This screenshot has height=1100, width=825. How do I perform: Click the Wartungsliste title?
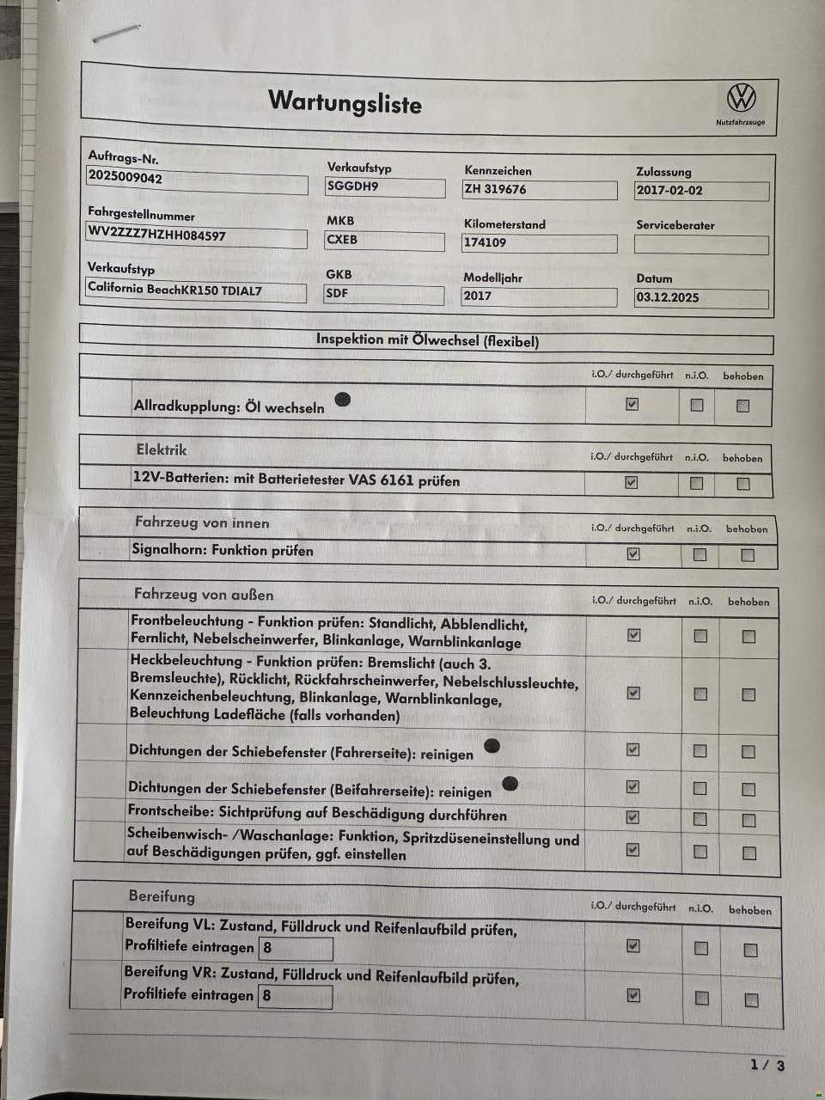coord(345,102)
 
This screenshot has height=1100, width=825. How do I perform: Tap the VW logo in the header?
coord(741,98)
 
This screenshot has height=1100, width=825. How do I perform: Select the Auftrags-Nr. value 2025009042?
coord(125,178)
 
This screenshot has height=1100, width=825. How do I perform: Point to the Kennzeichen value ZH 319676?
coord(495,189)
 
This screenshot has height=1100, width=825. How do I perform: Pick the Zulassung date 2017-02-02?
coord(669,191)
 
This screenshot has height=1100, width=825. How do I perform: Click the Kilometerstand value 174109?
coord(486,242)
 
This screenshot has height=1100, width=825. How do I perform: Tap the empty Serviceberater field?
coord(700,245)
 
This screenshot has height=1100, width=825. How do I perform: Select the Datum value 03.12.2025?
coord(668,297)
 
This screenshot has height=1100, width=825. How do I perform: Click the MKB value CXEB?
coord(342,240)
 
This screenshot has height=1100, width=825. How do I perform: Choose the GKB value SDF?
coord(338,293)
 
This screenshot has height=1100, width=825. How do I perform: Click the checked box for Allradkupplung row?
coord(632,404)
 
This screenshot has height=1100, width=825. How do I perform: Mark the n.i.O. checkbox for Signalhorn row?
coord(700,555)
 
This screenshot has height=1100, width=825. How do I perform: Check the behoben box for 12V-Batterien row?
coord(743,484)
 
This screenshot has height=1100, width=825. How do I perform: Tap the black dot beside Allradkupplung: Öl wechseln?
coord(342,399)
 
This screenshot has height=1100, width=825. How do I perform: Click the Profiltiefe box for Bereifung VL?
coord(296,948)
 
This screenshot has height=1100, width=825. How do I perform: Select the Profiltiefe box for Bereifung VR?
coord(295,996)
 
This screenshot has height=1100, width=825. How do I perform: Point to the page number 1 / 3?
coord(767,1066)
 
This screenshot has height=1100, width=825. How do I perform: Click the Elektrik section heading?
coord(162,449)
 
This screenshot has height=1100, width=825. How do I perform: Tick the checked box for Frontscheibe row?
coord(633,816)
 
